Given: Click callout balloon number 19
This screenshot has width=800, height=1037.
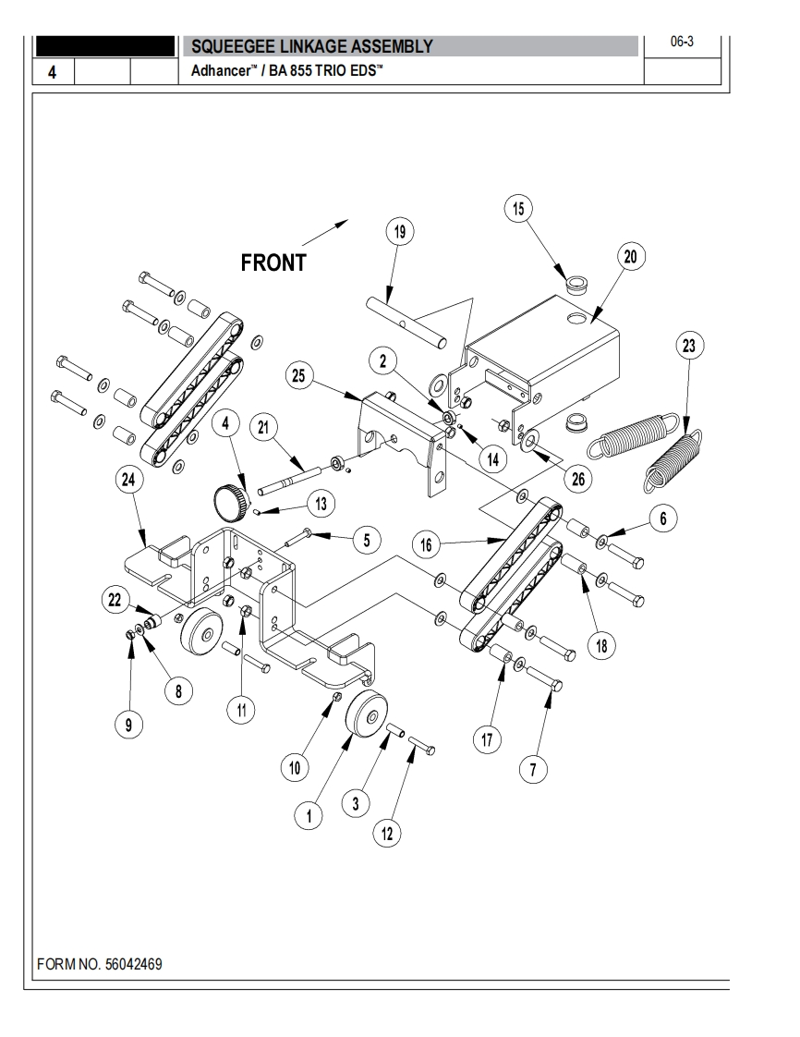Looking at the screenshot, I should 400,232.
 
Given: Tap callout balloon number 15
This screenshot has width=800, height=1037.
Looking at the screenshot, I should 519,209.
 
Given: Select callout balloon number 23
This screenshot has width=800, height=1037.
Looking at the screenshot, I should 688,346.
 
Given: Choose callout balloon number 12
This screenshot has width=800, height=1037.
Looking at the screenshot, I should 387,833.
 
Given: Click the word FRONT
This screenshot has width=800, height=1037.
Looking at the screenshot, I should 273,262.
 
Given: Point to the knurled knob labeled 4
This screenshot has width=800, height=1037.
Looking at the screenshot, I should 229,503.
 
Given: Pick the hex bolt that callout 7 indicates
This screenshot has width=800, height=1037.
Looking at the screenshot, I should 548,685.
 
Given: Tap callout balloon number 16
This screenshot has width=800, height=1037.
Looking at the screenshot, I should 427,546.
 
